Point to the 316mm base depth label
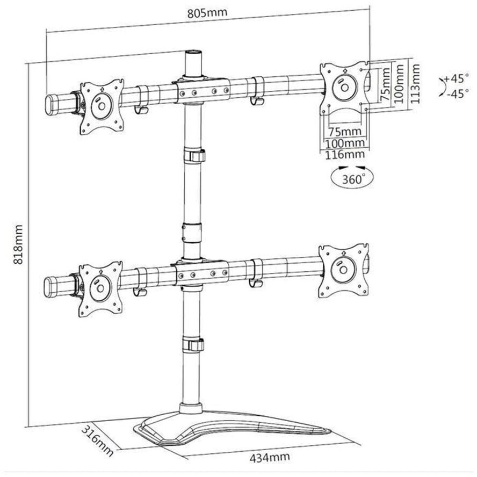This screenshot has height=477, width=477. [x=98, y=441]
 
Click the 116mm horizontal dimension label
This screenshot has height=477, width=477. [x=344, y=155]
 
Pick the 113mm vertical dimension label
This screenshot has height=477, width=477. [x=415, y=83]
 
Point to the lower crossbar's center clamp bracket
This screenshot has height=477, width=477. [x=200, y=272]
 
